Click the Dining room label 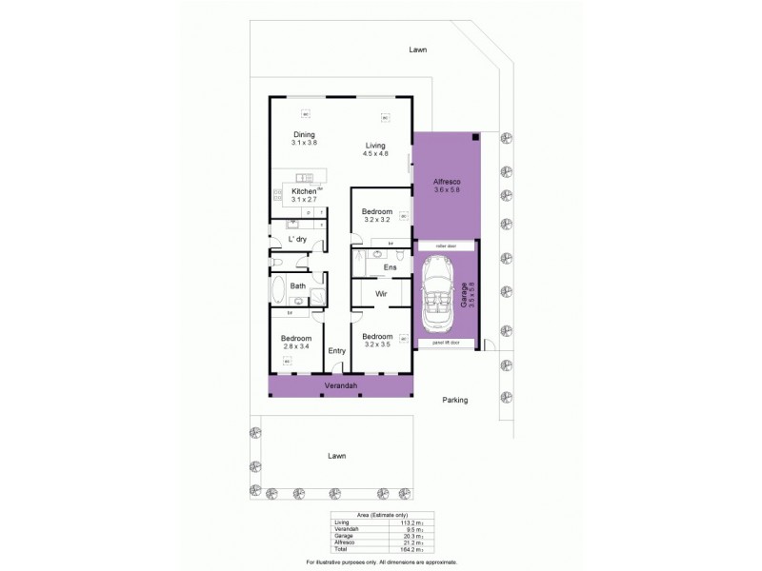[304, 134]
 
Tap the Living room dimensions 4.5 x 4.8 [375, 153]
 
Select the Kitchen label [304, 191]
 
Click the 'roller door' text [446, 246]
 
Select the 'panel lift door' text [446, 341]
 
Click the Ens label [377, 267]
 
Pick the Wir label [378, 295]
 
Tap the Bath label [297, 285]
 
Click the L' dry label [297, 239]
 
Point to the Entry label [336, 351]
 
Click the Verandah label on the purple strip [340, 386]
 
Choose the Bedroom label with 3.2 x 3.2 [377, 211]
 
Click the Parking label [455, 400]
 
